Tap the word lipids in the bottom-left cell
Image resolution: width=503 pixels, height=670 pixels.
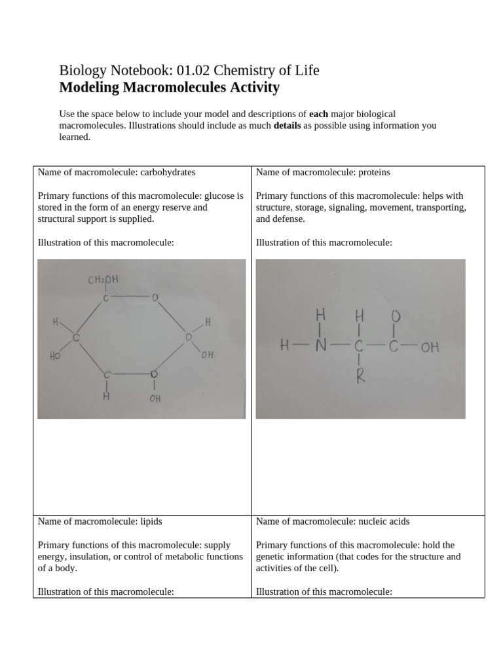coord(151,521)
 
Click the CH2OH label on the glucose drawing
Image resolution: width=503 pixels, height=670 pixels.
coord(103,281)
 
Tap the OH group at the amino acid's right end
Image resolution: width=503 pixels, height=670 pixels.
coord(430,347)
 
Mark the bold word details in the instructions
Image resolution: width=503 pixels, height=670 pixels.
coord(287,125)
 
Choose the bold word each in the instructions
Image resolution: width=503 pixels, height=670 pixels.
coord(318,114)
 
